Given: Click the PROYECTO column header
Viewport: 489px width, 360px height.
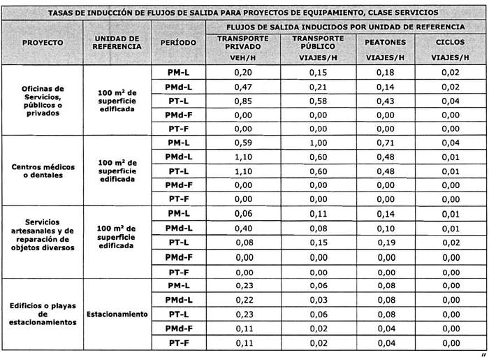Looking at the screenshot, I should pyautogui.click(x=43, y=42).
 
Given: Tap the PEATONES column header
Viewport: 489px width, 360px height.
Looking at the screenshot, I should pyautogui.click(x=385, y=42).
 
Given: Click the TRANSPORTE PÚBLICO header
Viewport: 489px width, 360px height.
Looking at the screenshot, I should pyautogui.click(x=318, y=41).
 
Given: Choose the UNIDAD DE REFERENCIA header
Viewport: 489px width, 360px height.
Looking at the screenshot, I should pyautogui.click(x=117, y=42).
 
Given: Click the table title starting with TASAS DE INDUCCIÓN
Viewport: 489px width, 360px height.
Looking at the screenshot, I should pyautogui.click(x=245, y=13).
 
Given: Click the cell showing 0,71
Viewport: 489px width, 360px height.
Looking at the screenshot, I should pyautogui.click(x=385, y=143).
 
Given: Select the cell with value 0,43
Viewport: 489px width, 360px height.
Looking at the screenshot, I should pyautogui.click(x=385, y=101).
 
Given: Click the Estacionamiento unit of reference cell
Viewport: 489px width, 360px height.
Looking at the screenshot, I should pyautogui.click(x=117, y=315).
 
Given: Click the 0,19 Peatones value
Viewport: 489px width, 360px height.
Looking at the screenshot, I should pyautogui.click(x=385, y=243).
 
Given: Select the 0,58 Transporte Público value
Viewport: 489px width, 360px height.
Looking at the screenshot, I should pyautogui.click(x=318, y=101).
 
